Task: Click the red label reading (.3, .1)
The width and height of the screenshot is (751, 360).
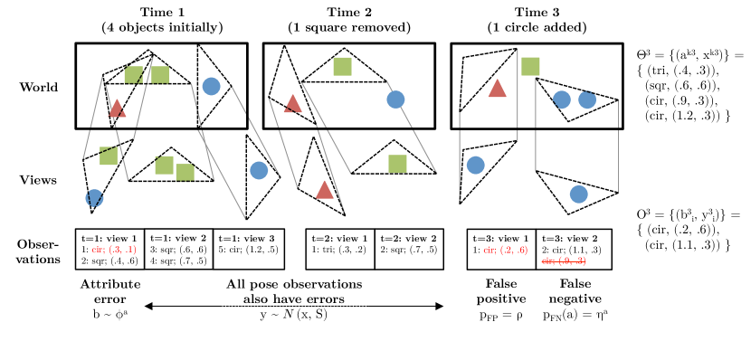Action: click(x=114, y=250)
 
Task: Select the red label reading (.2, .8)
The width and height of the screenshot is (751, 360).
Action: click(x=506, y=250)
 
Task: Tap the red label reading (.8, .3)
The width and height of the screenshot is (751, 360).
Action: click(x=564, y=261)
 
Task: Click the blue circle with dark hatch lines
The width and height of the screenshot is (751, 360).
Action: click(x=94, y=198)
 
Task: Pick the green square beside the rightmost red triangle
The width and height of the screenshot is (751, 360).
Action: click(x=530, y=66)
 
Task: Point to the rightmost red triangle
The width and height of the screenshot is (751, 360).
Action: click(x=497, y=89)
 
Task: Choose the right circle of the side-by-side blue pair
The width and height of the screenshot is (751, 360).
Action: click(x=587, y=99)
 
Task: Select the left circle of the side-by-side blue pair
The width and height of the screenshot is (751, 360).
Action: click(x=562, y=99)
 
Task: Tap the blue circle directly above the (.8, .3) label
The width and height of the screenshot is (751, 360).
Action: click(x=579, y=194)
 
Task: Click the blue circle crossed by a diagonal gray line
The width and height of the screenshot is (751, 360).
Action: click(x=395, y=99)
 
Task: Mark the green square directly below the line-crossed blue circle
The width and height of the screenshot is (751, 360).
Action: click(x=397, y=164)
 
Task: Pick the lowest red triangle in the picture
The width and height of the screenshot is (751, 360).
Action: click(x=325, y=190)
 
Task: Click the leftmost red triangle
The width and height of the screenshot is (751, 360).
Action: click(x=117, y=109)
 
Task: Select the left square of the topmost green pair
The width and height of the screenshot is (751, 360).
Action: click(x=133, y=75)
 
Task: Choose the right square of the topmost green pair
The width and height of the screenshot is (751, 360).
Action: click(x=160, y=75)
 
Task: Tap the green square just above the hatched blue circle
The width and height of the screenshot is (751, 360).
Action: click(x=109, y=156)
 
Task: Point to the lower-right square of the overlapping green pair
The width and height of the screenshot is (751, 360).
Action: click(x=185, y=172)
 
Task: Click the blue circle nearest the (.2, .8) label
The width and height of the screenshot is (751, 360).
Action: click(x=475, y=166)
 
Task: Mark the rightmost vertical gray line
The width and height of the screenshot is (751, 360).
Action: click(x=618, y=146)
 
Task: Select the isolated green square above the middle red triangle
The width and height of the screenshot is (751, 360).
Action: click(x=342, y=66)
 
